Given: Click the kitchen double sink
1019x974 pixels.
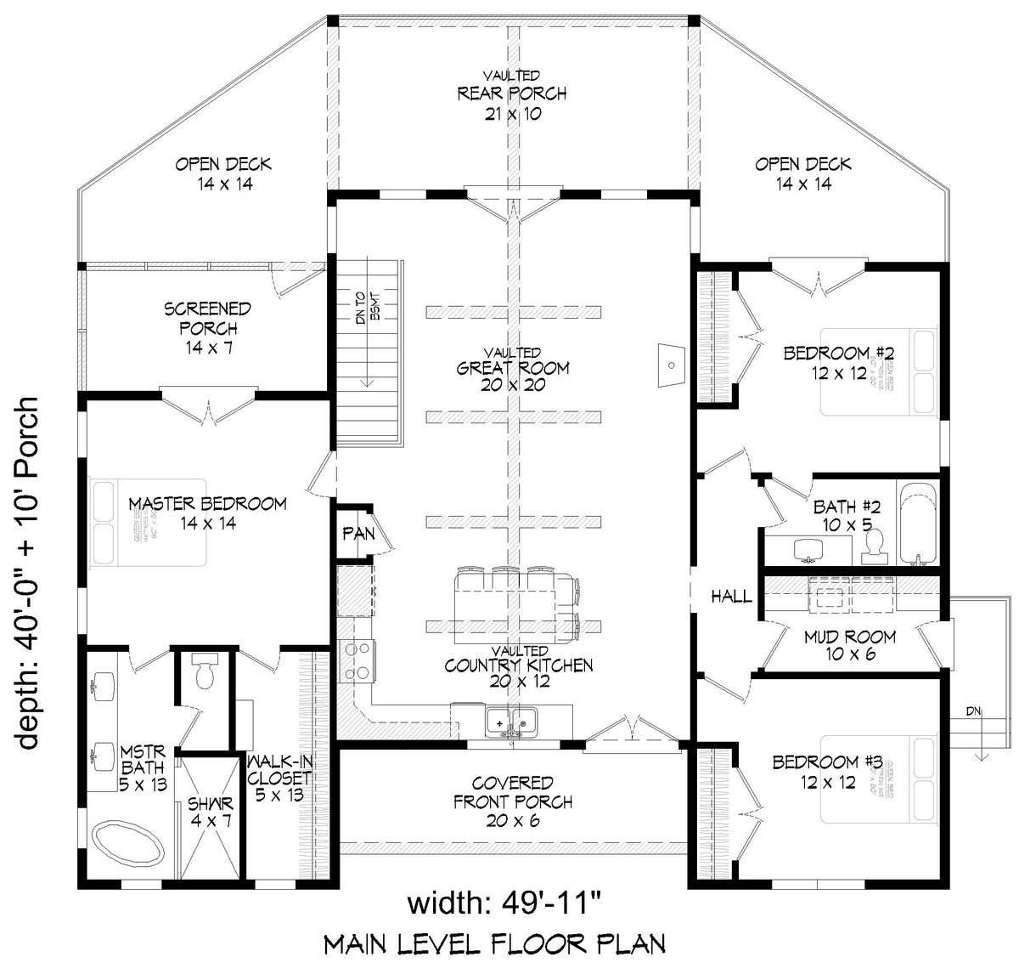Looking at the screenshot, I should (512, 722).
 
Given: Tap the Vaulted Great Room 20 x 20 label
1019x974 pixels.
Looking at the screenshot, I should (513, 368).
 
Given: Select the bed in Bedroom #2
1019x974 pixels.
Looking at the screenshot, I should (879, 371).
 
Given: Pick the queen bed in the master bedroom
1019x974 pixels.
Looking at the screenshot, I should (149, 524).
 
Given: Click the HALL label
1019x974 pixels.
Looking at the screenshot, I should (731, 597).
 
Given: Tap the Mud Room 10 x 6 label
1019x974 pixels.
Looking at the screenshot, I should (850, 645).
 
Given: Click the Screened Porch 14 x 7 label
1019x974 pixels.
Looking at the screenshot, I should (207, 328).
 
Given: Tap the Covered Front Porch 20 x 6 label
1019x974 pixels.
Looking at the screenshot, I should (512, 801).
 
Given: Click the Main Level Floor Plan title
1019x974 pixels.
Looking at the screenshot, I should (495, 943).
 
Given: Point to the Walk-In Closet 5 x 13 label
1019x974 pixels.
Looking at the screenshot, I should (279, 777).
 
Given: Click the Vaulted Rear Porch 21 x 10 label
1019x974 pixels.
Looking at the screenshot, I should (512, 94).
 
